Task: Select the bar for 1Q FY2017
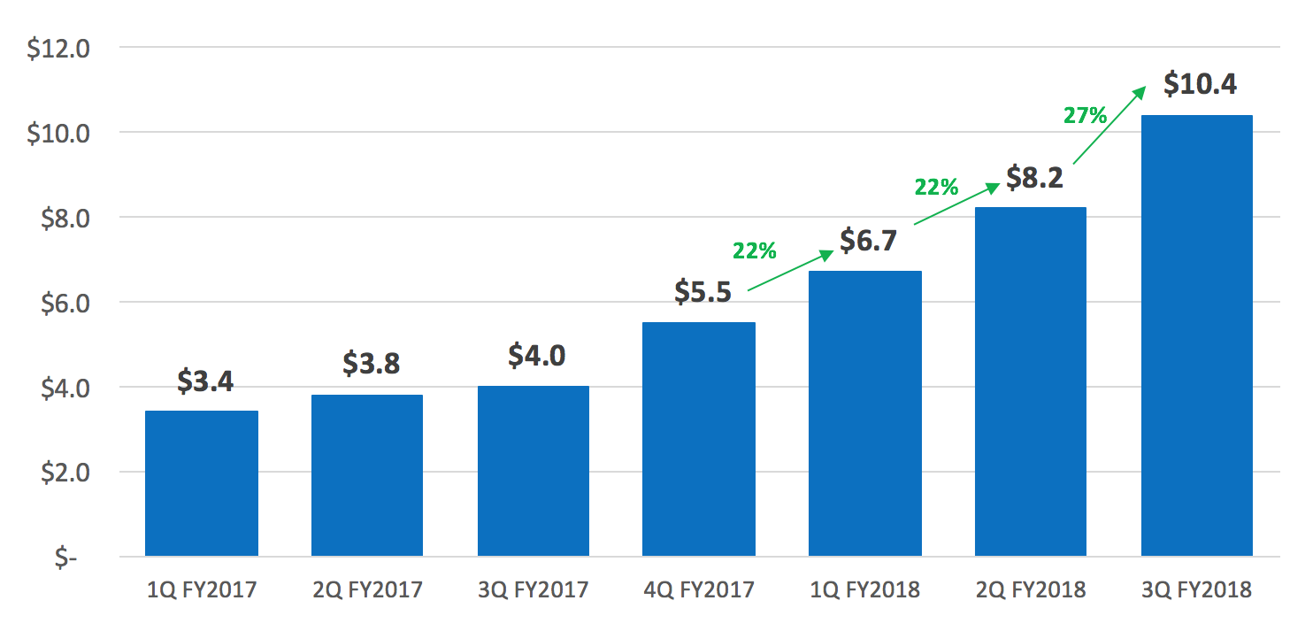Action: tap(202, 483)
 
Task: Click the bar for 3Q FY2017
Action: tap(534, 471)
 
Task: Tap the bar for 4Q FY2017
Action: tap(699, 439)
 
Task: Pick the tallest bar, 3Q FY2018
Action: tap(1197, 335)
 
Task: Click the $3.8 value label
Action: tap(372, 364)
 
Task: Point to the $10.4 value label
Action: tap(1200, 84)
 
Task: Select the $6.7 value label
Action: tap(868, 240)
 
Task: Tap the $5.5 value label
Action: tap(703, 291)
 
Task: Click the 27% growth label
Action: tap(1085, 115)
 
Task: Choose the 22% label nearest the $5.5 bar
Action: tap(754, 251)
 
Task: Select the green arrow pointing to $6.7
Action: tap(790, 270)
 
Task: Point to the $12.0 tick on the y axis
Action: tap(58, 48)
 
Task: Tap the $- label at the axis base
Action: tap(66, 558)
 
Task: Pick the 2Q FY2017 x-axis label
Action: tap(367, 589)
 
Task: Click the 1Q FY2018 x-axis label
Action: tap(864, 589)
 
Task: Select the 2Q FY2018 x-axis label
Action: tap(1031, 589)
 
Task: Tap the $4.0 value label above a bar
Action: tap(536, 355)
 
